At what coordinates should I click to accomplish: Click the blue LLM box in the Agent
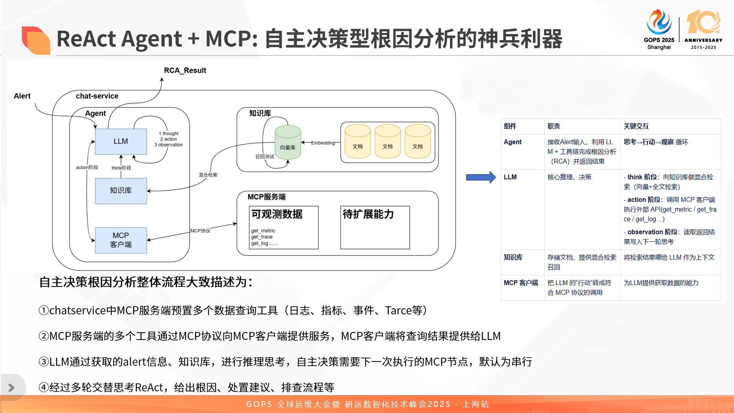(121, 141)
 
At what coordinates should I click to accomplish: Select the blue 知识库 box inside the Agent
(121, 191)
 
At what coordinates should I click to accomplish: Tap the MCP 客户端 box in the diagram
(121, 240)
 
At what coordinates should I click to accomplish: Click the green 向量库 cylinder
(288, 143)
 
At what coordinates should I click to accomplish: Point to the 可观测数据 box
(284, 228)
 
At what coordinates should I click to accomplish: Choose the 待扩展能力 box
(375, 228)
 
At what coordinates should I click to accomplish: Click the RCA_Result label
(185, 70)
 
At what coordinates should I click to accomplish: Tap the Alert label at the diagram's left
(22, 96)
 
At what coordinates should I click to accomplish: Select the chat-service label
(97, 96)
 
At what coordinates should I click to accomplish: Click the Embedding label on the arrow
(323, 143)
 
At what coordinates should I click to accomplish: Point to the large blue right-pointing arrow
(481, 177)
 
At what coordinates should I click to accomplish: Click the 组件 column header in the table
(510, 126)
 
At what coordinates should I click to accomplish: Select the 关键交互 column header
(636, 126)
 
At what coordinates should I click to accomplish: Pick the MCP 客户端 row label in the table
(521, 283)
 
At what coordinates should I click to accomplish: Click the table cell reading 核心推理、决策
(569, 177)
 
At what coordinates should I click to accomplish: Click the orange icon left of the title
(36, 40)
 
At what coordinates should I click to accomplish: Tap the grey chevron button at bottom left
(11, 388)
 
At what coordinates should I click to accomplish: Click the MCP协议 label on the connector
(200, 231)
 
